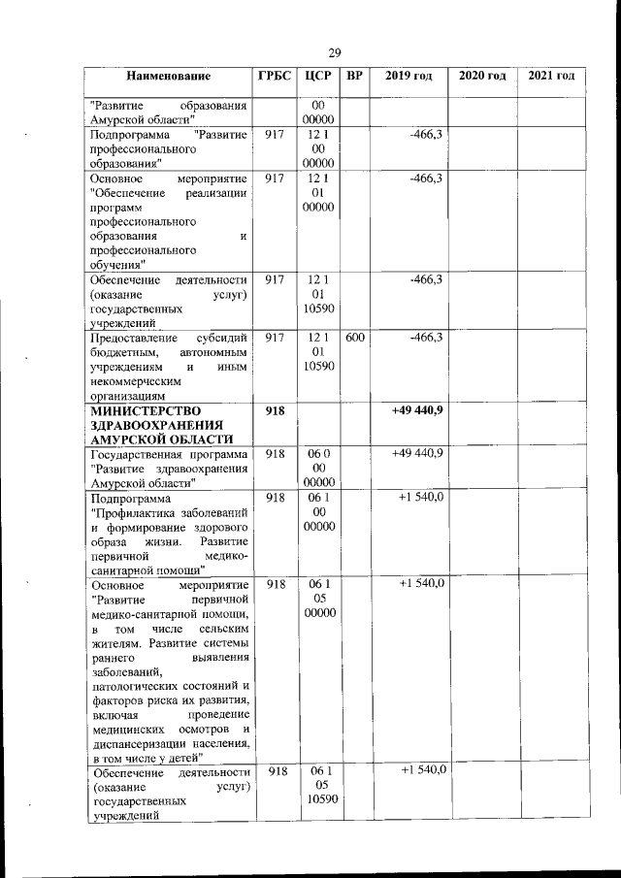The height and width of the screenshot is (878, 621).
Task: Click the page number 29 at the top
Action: [x=334, y=52]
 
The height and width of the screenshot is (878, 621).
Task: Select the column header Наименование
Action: [x=167, y=77]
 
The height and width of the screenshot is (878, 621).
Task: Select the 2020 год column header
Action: [x=482, y=77]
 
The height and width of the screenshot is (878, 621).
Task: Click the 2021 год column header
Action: [x=551, y=77]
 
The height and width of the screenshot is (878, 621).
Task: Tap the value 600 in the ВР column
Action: [x=355, y=338]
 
